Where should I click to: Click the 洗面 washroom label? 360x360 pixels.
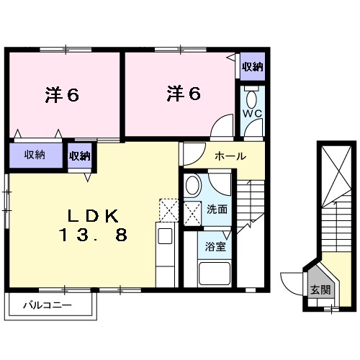(x=217, y=210)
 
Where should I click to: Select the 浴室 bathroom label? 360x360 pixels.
(x=214, y=246)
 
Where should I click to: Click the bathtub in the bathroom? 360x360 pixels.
(x=215, y=276)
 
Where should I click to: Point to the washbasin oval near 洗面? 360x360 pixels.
(x=193, y=186)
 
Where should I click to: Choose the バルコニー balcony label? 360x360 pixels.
(x=48, y=306)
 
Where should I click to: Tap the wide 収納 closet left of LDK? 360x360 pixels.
(x=35, y=155)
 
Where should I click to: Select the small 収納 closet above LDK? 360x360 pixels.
(x=80, y=155)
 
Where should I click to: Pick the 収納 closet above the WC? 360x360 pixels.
(x=251, y=67)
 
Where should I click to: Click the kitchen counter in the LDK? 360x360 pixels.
(x=164, y=256)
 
